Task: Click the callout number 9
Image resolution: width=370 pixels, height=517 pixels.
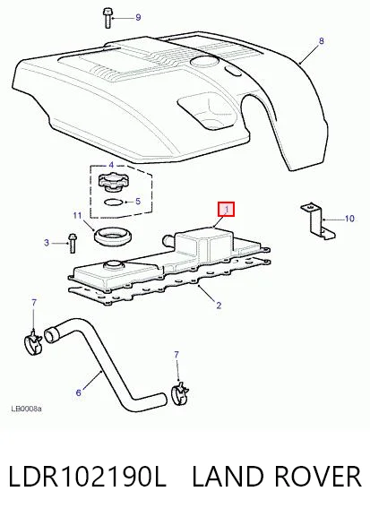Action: click(x=138, y=18)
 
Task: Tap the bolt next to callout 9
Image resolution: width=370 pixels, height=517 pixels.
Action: click(x=108, y=18)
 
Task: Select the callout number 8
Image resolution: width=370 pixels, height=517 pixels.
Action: click(x=322, y=41)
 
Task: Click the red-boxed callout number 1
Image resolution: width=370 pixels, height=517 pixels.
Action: click(x=227, y=210)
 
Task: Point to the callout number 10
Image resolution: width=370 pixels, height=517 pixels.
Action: click(x=349, y=219)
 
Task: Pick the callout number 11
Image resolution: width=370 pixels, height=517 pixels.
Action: click(x=77, y=216)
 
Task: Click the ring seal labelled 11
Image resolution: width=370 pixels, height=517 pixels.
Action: click(x=114, y=237)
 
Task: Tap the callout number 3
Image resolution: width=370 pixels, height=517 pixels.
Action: click(x=47, y=243)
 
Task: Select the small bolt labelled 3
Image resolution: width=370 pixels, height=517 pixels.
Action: click(x=73, y=244)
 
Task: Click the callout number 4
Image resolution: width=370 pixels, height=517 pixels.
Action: click(x=111, y=165)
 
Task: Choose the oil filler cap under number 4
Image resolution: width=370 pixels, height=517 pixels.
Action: click(x=110, y=183)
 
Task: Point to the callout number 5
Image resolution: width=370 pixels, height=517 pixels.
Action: click(x=138, y=201)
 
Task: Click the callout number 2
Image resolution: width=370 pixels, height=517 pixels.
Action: click(x=219, y=306)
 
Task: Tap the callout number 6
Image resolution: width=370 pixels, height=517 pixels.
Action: click(x=79, y=392)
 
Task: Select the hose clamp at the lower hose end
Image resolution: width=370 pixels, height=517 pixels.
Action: click(x=180, y=393)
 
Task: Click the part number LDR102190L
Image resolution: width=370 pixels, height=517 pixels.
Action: click(x=87, y=477)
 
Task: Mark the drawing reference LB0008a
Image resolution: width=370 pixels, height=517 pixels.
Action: click(x=26, y=409)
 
